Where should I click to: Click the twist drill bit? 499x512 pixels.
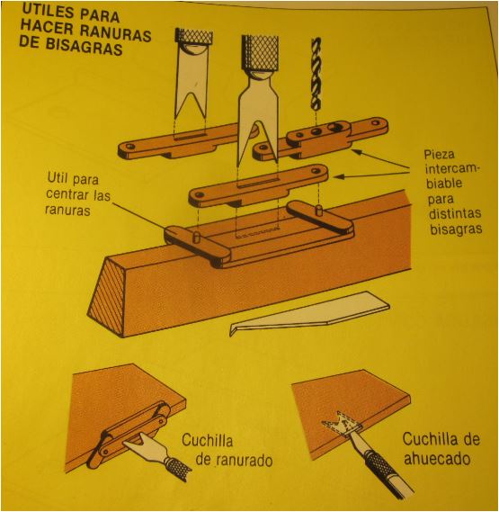tap(316, 74)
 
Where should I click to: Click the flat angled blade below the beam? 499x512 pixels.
tap(309, 313)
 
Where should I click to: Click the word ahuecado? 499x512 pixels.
tap(437, 459)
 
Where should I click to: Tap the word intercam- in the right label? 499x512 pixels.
tap(450, 169)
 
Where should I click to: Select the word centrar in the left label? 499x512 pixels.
tap(67, 194)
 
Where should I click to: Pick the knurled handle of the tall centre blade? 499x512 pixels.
tap(260, 52)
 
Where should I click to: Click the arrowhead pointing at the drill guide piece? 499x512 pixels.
tap(357, 152)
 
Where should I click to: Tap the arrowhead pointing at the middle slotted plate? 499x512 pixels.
tap(339, 176)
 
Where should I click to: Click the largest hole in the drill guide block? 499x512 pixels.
tap(334, 127)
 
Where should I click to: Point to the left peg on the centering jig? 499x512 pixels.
tap(196, 237)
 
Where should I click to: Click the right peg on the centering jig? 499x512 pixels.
tap(318, 210)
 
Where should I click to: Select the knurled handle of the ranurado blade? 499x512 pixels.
tap(177, 468)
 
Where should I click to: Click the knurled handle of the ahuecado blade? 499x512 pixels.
tap(379, 464)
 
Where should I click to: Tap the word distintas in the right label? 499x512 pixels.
tap(455, 214)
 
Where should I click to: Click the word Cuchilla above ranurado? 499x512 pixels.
tap(207, 441)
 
